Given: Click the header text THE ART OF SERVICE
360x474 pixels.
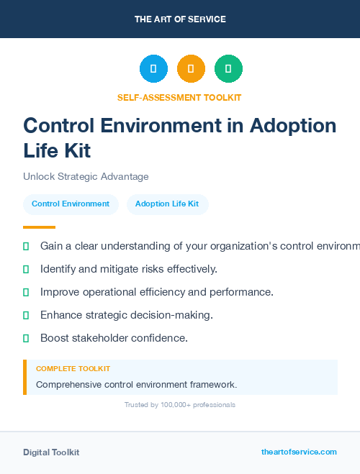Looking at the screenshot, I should [180, 19].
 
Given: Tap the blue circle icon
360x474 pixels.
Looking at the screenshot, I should [153, 68].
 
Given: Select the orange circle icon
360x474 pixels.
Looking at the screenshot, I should [191, 68].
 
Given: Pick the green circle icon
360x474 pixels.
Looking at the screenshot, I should [228, 68].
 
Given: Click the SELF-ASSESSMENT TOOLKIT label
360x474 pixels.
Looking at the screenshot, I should [179, 97].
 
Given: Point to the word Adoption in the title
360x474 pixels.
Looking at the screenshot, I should [293, 126].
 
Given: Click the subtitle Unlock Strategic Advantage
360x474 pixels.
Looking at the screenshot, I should [86, 176].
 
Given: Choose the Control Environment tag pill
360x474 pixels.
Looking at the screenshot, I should [71, 204].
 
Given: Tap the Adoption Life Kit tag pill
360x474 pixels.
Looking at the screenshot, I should [167, 204].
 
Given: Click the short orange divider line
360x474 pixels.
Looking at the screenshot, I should [39, 227].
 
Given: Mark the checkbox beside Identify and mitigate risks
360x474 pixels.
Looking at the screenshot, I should [26, 269].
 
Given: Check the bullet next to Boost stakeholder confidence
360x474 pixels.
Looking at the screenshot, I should [26, 338].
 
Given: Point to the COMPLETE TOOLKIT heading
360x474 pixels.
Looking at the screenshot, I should [73, 369].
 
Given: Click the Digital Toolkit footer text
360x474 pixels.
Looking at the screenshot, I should [51, 452].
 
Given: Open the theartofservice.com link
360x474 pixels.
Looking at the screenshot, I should [299, 452].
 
